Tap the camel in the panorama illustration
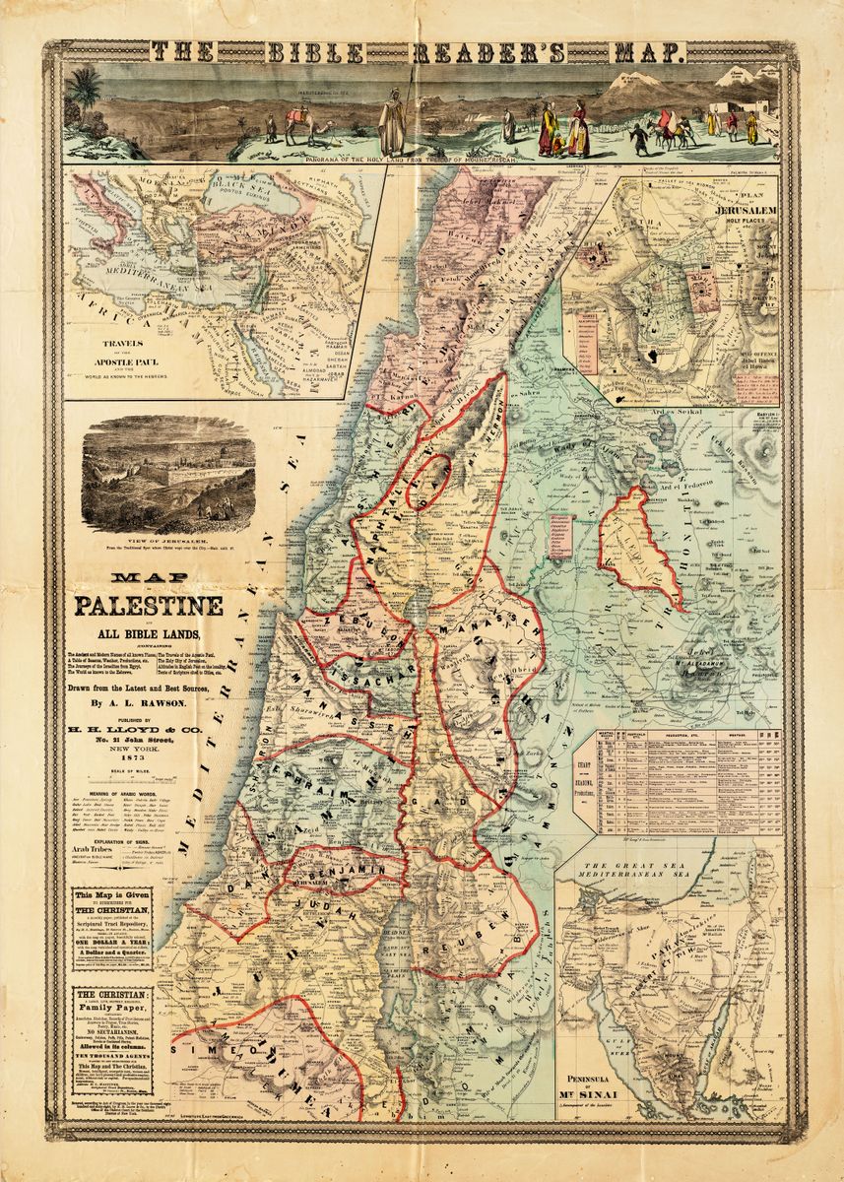295,123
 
